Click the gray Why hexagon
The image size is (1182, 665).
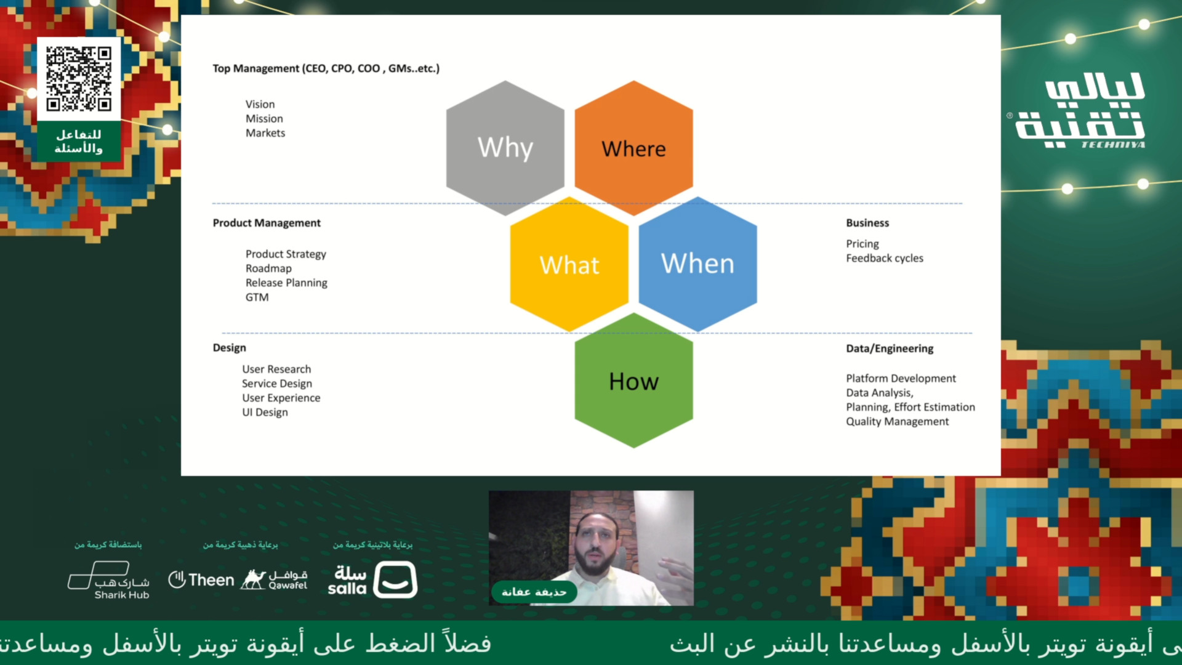pyautogui.click(x=505, y=148)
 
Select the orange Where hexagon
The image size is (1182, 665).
pyautogui.click(x=633, y=148)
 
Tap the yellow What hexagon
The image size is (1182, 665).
pyautogui.click(x=569, y=264)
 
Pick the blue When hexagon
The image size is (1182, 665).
pyautogui.click(x=698, y=264)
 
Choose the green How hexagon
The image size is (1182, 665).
pyautogui.click(x=633, y=381)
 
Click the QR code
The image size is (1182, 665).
pyautogui.click(x=79, y=79)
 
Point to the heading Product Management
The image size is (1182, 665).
pyautogui.click(x=267, y=223)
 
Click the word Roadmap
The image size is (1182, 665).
pyautogui.click(x=268, y=268)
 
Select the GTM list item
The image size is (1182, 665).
pyautogui.click(x=257, y=297)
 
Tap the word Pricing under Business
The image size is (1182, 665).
pyautogui.click(x=862, y=244)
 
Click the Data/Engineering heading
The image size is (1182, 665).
pyautogui.click(x=890, y=349)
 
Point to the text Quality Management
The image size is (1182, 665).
pyautogui.click(x=897, y=422)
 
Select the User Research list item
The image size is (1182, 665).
pyautogui.click(x=276, y=369)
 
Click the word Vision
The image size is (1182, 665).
pyautogui.click(x=260, y=105)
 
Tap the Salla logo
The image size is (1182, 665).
pyautogui.click(x=372, y=579)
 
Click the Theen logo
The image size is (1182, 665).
pyautogui.click(x=201, y=580)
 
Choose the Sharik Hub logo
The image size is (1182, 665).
pyautogui.click(x=108, y=580)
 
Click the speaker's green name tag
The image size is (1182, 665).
pyautogui.click(x=534, y=592)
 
